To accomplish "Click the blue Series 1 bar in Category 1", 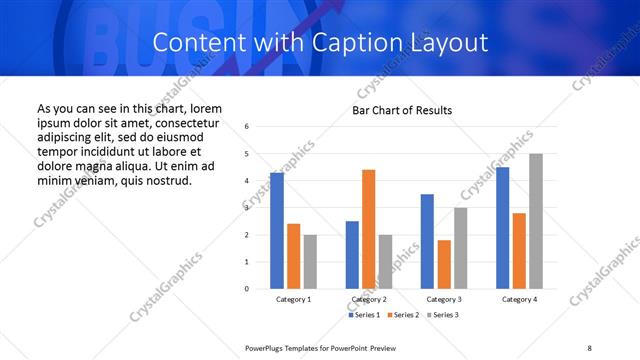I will coord(277,231).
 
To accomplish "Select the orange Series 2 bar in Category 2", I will coord(368,229).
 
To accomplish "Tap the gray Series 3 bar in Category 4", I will coord(536,221).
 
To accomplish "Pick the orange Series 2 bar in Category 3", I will coord(444,264).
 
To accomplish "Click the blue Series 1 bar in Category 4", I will coord(502,228).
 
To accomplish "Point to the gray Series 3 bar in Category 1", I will coord(310,262).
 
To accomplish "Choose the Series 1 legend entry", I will coord(364,315).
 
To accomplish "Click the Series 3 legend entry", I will coord(442,315).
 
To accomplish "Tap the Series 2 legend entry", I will coord(403,315).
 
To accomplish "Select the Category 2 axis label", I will coord(368,300).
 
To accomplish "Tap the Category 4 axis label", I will coord(518,300).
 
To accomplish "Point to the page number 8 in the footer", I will coord(589,348).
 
